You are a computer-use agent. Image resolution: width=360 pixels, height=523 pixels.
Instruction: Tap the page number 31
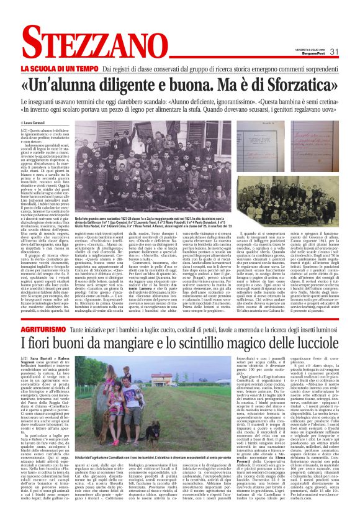click(x=334, y=51)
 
